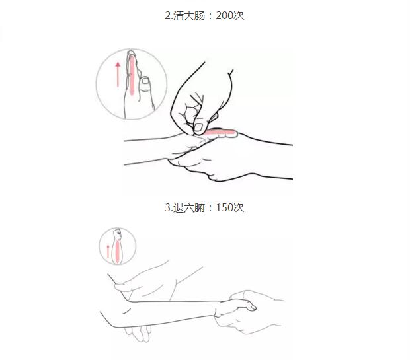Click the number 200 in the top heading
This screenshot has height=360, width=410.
(x=225, y=16)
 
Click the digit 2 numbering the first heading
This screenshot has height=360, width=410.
(x=167, y=16)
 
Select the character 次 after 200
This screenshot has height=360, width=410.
(x=239, y=16)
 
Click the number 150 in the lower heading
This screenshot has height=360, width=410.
(x=225, y=207)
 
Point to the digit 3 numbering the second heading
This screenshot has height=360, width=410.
(x=167, y=207)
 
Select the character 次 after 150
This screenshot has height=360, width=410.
(x=239, y=207)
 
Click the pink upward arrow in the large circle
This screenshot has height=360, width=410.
(x=118, y=75)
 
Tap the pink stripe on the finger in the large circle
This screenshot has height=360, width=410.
(x=132, y=76)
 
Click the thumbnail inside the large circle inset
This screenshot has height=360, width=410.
(x=145, y=81)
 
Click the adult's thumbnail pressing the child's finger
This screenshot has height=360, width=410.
(x=198, y=127)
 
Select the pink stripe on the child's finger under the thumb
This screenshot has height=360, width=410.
(x=220, y=132)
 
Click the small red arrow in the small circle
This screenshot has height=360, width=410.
(x=108, y=252)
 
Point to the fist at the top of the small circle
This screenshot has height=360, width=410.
(x=118, y=234)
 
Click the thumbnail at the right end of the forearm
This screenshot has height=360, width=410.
(x=253, y=308)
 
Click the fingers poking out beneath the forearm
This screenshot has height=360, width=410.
(x=138, y=333)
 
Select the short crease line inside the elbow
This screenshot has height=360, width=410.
(x=127, y=311)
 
